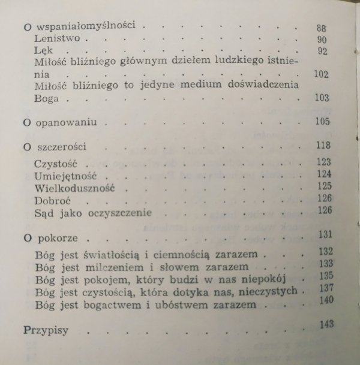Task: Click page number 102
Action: pyautogui.click(x=322, y=75)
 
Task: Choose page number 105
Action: pyautogui.click(x=323, y=122)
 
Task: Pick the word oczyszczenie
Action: pyautogui.click(x=121, y=213)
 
